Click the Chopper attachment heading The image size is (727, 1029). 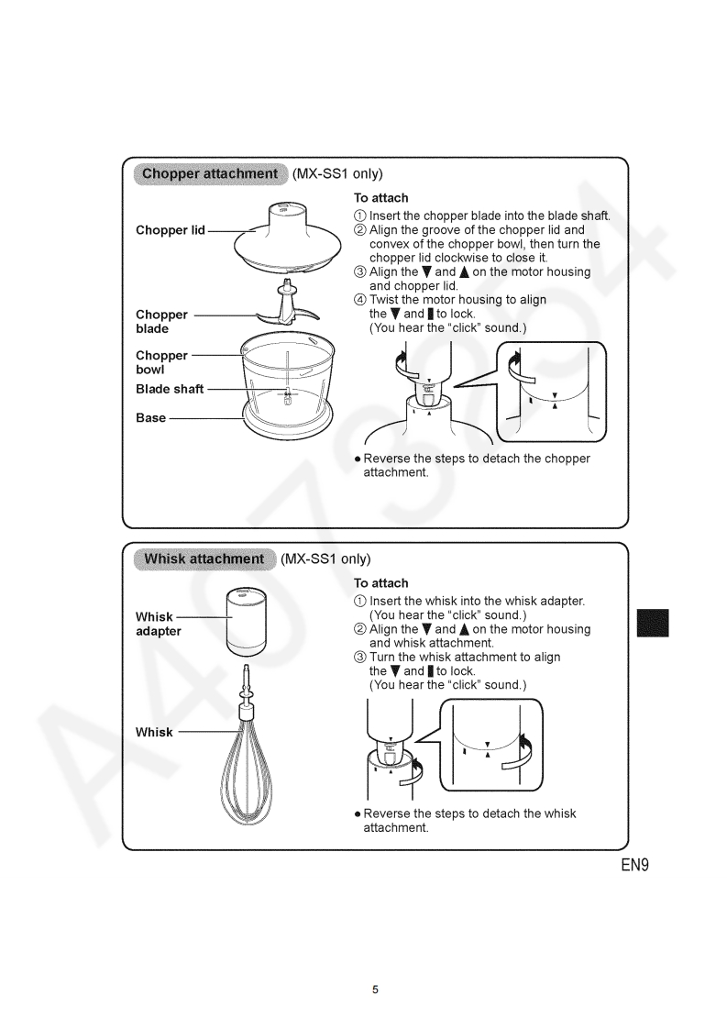point(210,173)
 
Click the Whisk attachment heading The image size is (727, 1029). point(204,559)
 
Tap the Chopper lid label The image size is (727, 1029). point(171,230)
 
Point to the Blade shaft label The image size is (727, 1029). point(170,389)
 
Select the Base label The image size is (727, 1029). point(151,418)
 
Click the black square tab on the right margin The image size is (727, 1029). point(655,623)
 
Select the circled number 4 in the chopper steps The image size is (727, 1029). point(360,300)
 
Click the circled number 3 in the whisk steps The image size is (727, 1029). point(360,658)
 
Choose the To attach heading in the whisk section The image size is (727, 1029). point(381,583)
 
